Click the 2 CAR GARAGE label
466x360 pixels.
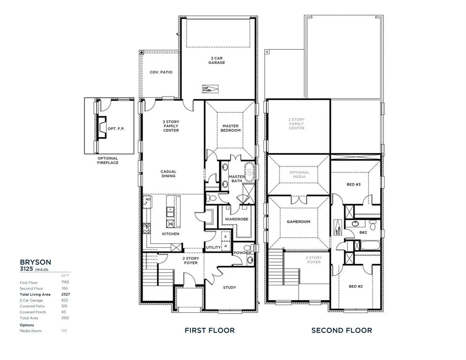tap(217, 60)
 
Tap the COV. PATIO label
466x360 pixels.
tap(161, 72)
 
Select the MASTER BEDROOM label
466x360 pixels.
tap(231, 128)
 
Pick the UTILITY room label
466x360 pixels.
tap(213, 247)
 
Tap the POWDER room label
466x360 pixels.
tap(242, 253)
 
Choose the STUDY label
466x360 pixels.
tap(229, 287)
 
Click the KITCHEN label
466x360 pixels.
tap(171, 234)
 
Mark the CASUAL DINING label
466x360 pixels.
tap(168, 174)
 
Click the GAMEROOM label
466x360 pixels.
tap(298, 222)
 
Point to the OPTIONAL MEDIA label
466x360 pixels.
tap(299, 175)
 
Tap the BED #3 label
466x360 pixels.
tap(353, 185)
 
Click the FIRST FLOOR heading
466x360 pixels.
tap(210, 330)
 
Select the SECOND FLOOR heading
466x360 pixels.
tap(342, 330)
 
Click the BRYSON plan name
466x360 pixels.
tap(35, 262)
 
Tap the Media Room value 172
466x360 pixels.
tap(64, 330)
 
